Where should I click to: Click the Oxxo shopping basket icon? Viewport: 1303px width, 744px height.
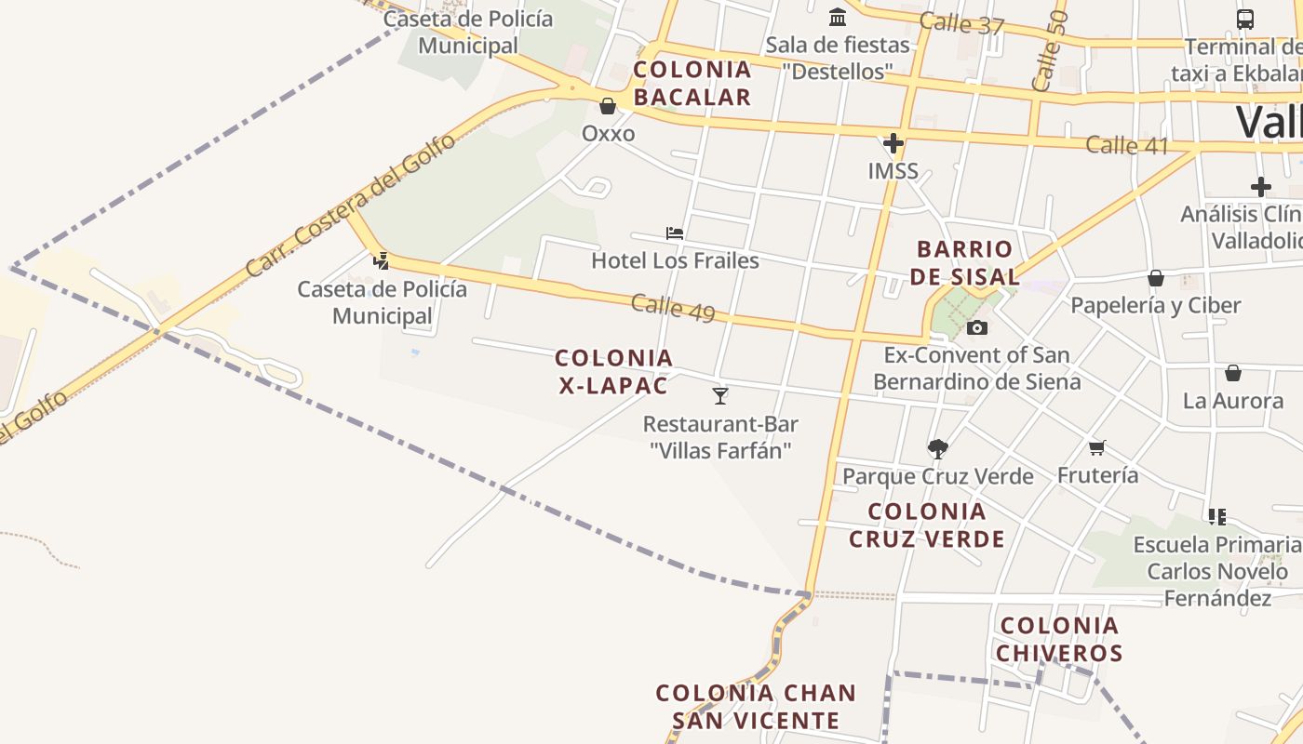click(x=608, y=106)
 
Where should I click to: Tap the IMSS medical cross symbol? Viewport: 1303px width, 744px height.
click(x=893, y=143)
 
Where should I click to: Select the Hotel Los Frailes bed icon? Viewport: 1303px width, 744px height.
click(x=675, y=233)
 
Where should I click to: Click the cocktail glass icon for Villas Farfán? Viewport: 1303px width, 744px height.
click(x=720, y=396)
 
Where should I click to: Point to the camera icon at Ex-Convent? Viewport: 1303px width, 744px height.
click(x=976, y=327)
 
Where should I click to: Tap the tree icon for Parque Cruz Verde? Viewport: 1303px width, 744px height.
click(x=937, y=449)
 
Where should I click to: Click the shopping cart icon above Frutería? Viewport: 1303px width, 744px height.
click(x=1097, y=448)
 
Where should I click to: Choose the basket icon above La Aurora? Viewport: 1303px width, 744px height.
click(x=1233, y=374)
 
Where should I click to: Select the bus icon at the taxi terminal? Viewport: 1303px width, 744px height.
click(x=1244, y=19)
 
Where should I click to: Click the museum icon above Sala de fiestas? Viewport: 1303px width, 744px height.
click(x=838, y=17)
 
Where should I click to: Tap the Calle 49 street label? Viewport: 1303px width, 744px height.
click(x=673, y=308)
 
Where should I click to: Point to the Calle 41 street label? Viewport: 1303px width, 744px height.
click(x=1127, y=145)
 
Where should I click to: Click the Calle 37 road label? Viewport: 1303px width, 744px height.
click(x=962, y=23)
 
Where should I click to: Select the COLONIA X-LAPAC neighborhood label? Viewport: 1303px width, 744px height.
click(x=614, y=371)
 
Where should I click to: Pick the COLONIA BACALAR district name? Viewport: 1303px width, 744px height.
click(x=692, y=83)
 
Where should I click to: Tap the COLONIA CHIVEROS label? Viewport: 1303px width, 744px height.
click(x=1059, y=639)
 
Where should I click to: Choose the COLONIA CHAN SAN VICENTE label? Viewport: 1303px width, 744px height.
click(x=756, y=707)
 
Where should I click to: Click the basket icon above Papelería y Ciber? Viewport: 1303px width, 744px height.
click(x=1156, y=278)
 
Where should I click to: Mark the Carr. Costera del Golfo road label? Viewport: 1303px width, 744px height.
click(x=351, y=206)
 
